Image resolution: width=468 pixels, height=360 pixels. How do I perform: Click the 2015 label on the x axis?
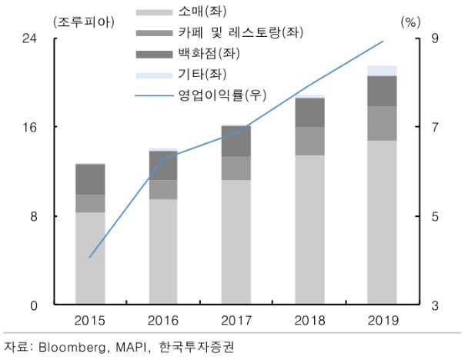pos(89,321)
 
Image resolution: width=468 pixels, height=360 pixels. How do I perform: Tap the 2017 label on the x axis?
pos(236,321)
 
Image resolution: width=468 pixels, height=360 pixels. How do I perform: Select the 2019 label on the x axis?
pos(383,321)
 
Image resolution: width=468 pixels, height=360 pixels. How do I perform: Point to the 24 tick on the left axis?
pos(29,38)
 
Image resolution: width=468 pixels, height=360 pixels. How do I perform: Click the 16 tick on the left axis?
pos(29,128)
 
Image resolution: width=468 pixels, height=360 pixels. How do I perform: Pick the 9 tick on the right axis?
pos(435,38)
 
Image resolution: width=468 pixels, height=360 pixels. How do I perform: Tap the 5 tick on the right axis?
pos(435,216)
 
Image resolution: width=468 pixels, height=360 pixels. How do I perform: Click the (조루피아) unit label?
pos(84,22)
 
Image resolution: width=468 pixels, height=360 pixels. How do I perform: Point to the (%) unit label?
pos(411,22)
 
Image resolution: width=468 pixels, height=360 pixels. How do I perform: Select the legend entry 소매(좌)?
pos(202,12)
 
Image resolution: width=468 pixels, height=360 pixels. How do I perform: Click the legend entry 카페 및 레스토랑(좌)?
pos(241,32)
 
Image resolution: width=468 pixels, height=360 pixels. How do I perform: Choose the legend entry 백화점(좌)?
pos(209,53)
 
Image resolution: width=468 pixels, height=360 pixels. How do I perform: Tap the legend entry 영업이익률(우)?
pos(222,95)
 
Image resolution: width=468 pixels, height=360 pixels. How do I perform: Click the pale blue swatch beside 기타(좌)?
pos(154,75)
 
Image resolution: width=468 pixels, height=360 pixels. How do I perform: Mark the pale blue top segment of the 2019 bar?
pos(382,71)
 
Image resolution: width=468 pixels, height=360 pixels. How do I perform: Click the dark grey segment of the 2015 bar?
pos(90,179)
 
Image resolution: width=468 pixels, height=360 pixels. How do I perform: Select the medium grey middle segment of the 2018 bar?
pos(309,141)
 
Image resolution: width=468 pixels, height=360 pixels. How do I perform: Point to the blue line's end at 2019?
pos(383,41)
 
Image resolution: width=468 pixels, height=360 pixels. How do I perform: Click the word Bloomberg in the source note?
pos(72,347)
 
